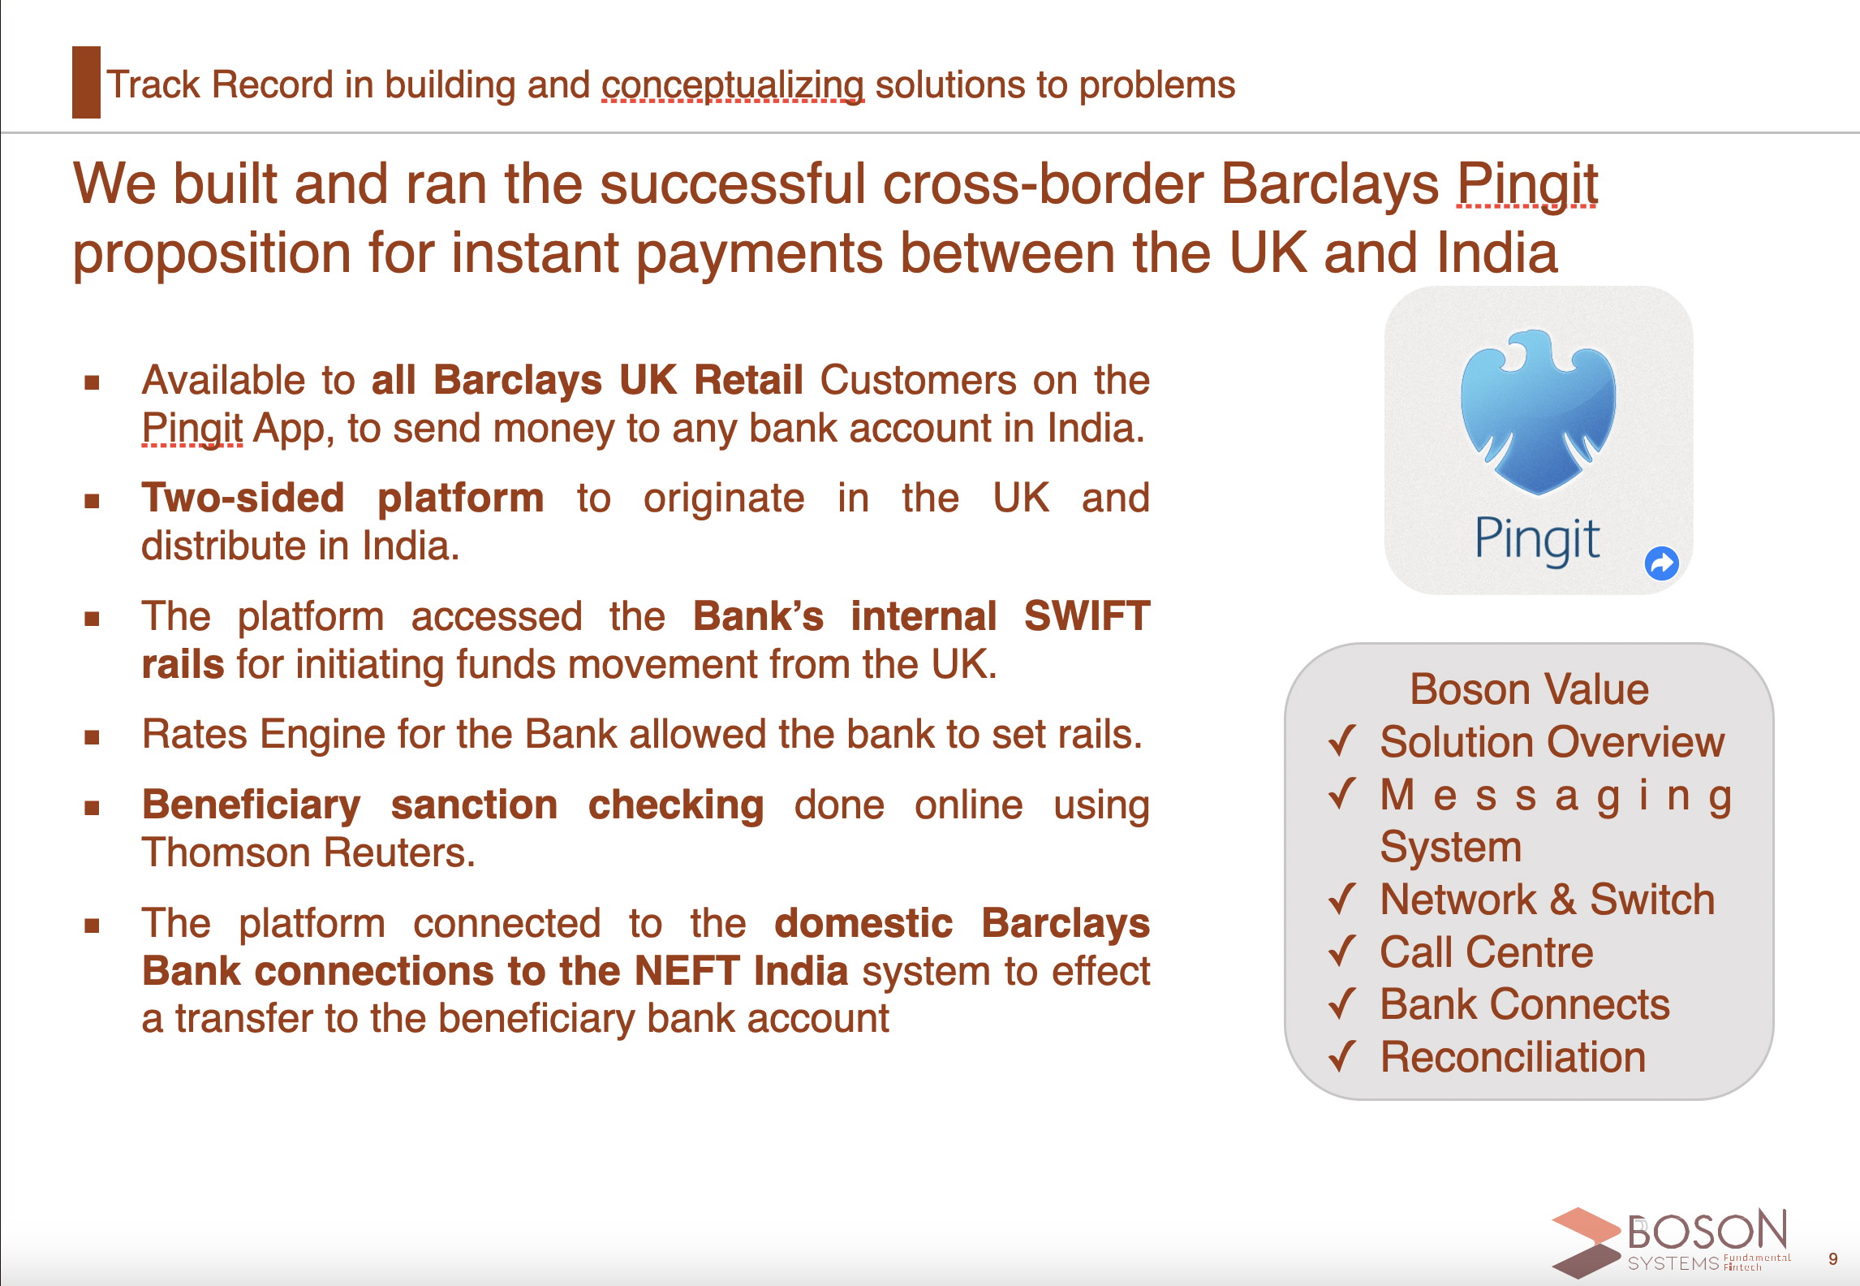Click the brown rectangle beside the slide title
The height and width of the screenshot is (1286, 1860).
coord(86,82)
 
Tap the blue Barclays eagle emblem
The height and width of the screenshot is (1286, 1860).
coord(1538,412)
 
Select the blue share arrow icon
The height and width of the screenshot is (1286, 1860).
coord(1661,563)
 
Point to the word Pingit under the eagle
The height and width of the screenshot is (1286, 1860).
coord(1537,540)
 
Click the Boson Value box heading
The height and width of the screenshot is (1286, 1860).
coord(1529,689)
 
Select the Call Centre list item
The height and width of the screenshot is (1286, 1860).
coord(1487,952)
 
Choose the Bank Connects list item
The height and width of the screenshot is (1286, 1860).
coord(1525,1004)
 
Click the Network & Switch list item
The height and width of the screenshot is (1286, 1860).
coord(1548,900)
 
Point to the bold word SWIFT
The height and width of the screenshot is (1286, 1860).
coord(1087,615)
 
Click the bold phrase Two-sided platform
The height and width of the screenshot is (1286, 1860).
coord(342,498)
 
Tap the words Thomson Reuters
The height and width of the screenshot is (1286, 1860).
coord(308,852)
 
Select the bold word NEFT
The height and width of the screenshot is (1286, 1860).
coord(687,971)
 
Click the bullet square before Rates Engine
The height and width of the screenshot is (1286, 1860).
coord(92,737)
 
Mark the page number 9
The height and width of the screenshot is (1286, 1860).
coord(1832,1259)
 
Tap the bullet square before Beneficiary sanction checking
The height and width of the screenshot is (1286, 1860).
coord(92,808)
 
